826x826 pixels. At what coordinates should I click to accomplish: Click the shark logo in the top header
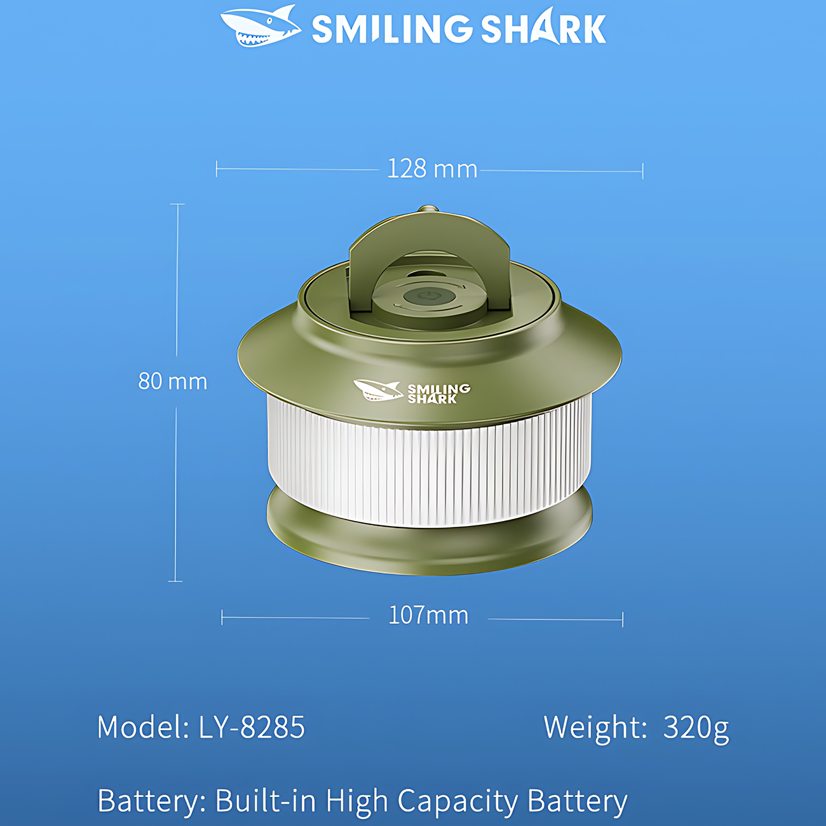click(260, 25)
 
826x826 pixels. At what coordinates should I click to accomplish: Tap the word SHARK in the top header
click(543, 27)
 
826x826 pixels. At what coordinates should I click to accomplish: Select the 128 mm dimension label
click(432, 168)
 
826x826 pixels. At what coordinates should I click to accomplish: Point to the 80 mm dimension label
click(173, 381)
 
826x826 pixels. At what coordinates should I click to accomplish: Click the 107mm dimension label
click(429, 616)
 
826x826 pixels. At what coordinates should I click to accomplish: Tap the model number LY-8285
click(252, 727)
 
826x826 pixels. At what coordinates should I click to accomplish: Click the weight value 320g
click(696, 729)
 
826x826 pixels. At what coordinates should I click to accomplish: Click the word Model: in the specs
click(144, 727)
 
